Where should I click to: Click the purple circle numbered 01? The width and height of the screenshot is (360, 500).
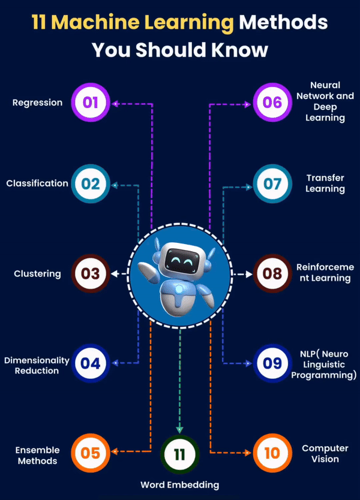[91, 102]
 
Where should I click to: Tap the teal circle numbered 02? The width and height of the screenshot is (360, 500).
[91, 183]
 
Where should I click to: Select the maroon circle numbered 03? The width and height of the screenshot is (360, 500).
[91, 274]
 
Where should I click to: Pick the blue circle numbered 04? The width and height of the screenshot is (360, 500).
[91, 363]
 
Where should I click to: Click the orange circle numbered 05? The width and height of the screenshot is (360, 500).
[91, 452]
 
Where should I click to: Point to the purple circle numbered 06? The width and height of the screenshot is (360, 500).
[272, 102]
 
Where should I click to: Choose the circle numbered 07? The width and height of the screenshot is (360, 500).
[272, 183]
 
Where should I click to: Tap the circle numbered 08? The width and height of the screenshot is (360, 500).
[272, 274]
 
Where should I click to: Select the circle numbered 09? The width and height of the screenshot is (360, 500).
[272, 363]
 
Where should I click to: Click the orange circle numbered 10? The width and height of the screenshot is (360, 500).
[272, 452]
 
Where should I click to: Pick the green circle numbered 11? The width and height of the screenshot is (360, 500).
[179, 454]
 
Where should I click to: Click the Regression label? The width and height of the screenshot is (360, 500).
[37, 103]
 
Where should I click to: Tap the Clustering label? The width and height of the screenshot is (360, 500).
[37, 274]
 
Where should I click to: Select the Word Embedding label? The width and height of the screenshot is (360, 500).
[179, 484]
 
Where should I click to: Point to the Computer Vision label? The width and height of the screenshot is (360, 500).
[325, 453]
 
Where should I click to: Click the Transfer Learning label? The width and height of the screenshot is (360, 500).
[325, 183]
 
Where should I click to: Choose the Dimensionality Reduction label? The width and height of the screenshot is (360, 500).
[37, 366]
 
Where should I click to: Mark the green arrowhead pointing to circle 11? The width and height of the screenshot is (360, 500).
[179, 429]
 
